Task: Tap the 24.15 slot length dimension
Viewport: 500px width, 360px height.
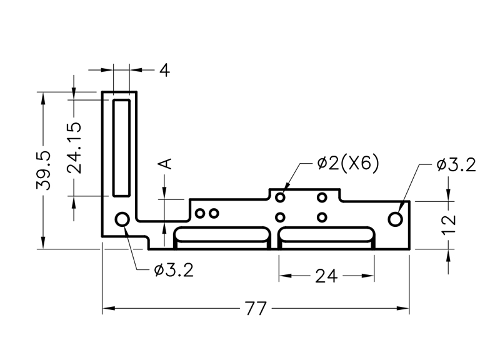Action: [x=74, y=147]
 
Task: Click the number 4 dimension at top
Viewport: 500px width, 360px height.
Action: [x=164, y=70]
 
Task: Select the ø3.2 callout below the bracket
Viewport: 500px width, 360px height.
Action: [x=172, y=270]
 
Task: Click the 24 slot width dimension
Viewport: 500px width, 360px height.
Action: [x=326, y=275]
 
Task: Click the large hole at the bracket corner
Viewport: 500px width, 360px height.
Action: [x=122, y=219]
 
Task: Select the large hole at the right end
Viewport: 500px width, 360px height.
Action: [x=395, y=219]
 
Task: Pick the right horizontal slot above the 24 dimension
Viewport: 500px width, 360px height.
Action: [x=326, y=237]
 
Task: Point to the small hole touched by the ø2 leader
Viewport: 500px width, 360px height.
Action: [x=280, y=197]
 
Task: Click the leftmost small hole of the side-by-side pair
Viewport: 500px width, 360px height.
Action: [x=200, y=214]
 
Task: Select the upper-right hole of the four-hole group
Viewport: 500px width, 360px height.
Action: [x=322, y=197]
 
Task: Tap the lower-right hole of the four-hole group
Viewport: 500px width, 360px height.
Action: [x=322, y=217]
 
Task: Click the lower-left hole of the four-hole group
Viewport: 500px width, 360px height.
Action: [x=280, y=217]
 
